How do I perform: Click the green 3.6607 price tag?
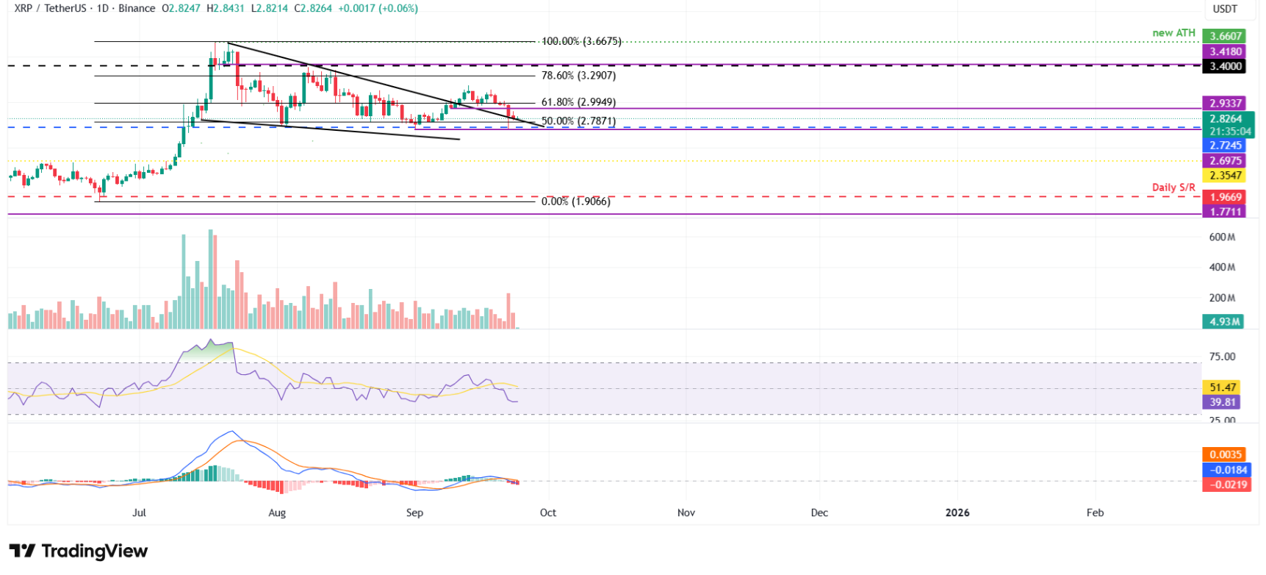tap(1225, 36)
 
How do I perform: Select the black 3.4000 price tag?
tap(1225, 66)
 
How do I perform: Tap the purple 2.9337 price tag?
tap(1225, 104)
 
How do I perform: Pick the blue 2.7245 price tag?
tap(1225, 146)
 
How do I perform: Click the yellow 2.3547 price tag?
tap(1225, 176)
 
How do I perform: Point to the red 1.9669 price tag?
tap(1225, 197)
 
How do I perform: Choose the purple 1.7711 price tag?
tap(1225, 212)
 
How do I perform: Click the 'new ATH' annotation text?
tap(1173, 33)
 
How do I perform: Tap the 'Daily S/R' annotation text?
tap(1173, 187)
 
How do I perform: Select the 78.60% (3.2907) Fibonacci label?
tap(578, 76)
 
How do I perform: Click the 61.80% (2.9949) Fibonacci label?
tap(578, 102)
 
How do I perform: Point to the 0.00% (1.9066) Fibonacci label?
tap(575, 201)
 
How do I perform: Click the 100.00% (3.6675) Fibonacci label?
tap(581, 41)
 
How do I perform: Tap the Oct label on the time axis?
tap(548, 512)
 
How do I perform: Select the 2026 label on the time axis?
tap(957, 512)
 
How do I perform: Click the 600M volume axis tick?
tap(1222, 238)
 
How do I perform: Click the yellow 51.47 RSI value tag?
tap(1223, 387)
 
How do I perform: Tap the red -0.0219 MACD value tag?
tap(1226, 485)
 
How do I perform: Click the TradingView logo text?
tap(79, 551)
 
